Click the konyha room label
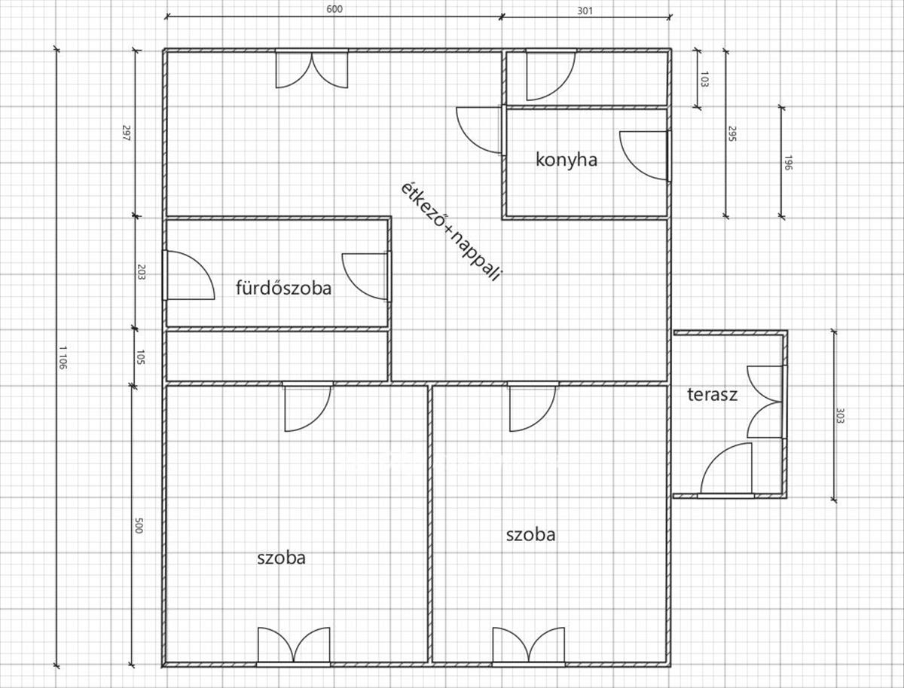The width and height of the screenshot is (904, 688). pyautogui.click(x=567, y=160)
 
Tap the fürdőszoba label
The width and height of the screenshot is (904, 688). pyautogui.click(x=284, y=288)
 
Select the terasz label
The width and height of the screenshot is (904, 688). pyautogui.click(x=712, y=395)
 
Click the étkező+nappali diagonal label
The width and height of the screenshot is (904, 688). pyautogui.click(x=450, y=231)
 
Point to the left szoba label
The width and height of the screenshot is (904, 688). pyautogui.click(x=281, y=558)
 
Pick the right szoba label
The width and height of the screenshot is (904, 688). pyautogui.click(x=530, y=535)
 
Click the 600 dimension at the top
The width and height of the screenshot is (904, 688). pyautogui.click(x=334, y=9)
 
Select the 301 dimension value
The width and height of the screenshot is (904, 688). pyautogui.click(x=585, y=11)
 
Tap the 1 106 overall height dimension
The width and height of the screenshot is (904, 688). pyautogui.click(x=63, y=356)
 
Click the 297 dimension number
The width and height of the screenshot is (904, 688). pyautogui.click(x=126, y=133)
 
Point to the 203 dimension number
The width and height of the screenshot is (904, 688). pyautogui.click(x=141, y=272)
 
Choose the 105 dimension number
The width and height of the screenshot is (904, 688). pyautogui.click(x=141, y=356)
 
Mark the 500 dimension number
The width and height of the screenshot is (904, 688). pyautogui.click(x=139, y=525)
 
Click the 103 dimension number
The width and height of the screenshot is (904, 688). pyautogui.click(x=704, y=78)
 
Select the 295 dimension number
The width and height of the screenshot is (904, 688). pyautogui.click(x=731, y=133)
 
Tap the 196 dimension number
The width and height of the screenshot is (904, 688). pyautogui.click(x=787, y=163)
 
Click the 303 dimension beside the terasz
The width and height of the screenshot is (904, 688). pyautogui.click(x=841, y=415)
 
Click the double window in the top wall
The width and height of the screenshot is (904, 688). pyautogui.click(x=312, y=69)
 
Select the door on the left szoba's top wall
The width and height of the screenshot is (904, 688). pyautogui.click(x=307, y=407)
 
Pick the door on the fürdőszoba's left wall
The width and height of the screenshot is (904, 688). pyautogui.click(x=188, y=275)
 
